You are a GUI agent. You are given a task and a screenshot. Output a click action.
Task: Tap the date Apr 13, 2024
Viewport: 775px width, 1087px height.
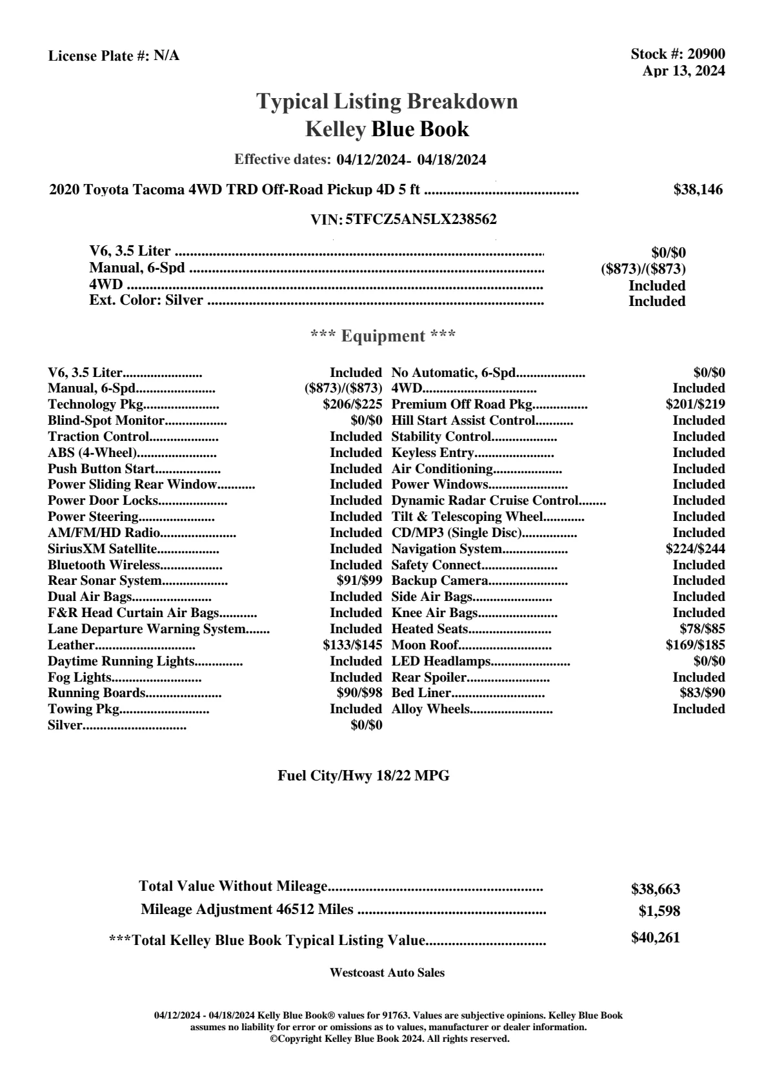tap(683, 71)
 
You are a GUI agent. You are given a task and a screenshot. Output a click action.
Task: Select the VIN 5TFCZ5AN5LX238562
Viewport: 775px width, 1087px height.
tap(421, 219)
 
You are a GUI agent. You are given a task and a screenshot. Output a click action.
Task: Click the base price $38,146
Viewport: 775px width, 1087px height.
tap(698, 190)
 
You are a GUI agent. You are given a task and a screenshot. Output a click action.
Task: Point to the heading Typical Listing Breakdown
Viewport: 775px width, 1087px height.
tap(387, 101)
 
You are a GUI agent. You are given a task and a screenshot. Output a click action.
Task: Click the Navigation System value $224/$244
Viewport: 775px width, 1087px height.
tap(695, 549)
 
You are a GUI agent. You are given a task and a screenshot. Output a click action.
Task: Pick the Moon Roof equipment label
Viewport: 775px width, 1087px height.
tap(425, 645)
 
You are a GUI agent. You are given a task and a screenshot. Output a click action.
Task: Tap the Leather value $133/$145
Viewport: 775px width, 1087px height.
tap(352, 645)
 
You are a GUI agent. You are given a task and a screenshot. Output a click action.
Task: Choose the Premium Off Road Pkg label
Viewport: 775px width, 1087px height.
tap(462, 405)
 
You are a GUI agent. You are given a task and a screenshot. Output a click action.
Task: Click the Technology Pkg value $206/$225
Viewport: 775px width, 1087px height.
tap(352, 405)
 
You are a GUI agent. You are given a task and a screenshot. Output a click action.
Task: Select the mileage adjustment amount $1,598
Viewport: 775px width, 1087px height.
tap(659, 911)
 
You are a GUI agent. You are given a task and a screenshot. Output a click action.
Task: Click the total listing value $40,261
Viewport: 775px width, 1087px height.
tap(656, 938)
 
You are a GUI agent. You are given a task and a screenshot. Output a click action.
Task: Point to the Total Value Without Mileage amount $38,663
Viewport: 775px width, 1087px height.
tap(656, 889)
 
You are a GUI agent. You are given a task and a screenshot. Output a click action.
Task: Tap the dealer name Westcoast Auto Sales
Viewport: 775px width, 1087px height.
tap(387, 973)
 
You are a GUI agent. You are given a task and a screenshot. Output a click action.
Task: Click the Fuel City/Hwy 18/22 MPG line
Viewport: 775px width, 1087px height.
tap(363, 776)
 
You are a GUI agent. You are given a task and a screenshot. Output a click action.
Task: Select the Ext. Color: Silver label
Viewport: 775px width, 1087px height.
tap(146, 300)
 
